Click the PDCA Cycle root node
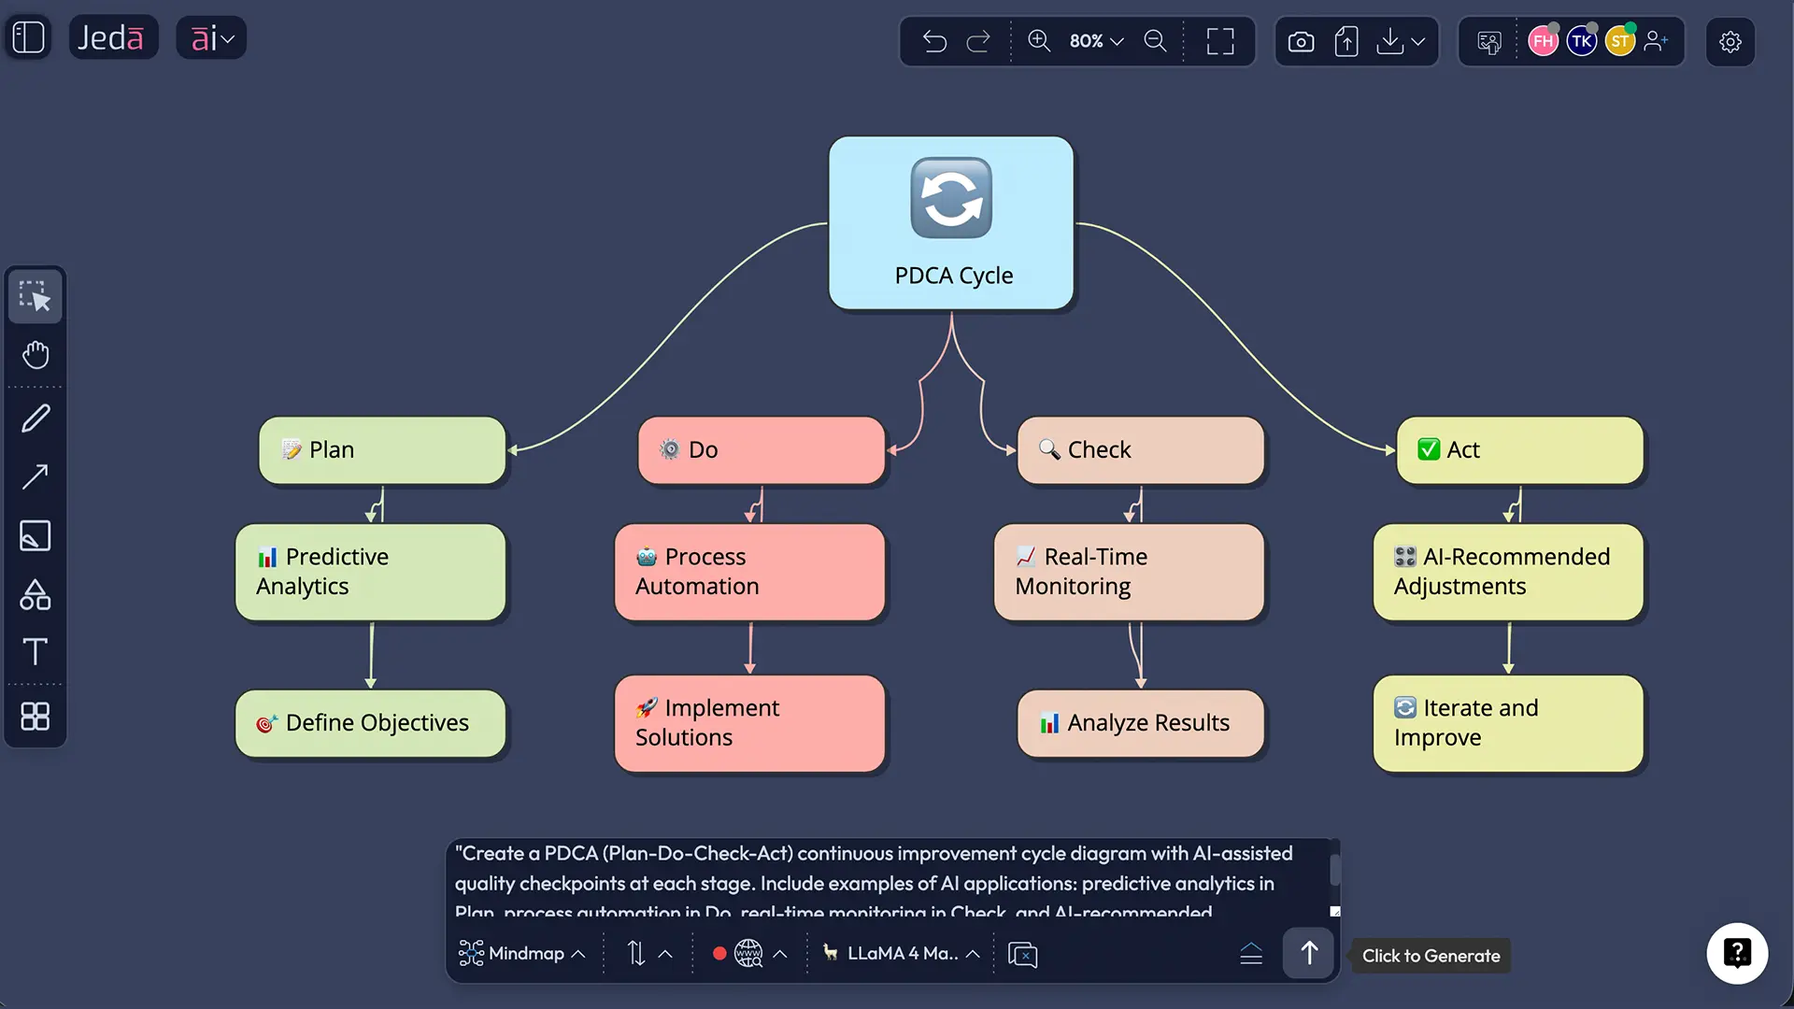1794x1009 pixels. [951, 223]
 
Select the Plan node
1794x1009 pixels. [382, 450]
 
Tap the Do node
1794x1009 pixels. [761, 450]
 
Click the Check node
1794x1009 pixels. [1140, 450]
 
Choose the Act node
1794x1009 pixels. [1519, 450]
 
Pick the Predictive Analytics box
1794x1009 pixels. [370, 572]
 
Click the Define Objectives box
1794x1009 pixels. [370, 723]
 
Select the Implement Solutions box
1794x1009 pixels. [749, 723]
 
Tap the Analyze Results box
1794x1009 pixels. [1140, 723]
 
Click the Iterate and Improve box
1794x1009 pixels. [1507, 723]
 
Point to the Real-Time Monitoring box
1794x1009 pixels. [1129, 572]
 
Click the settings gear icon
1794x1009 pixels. [1730, 41]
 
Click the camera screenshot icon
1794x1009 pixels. [1301, 41]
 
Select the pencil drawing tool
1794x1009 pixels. [36, 418]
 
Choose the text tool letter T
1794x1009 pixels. [36, 651]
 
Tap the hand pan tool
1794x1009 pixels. [36, 355]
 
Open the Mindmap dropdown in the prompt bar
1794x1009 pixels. [522, 954]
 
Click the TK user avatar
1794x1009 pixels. [1581, 41]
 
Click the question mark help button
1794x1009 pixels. [1737, 954]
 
